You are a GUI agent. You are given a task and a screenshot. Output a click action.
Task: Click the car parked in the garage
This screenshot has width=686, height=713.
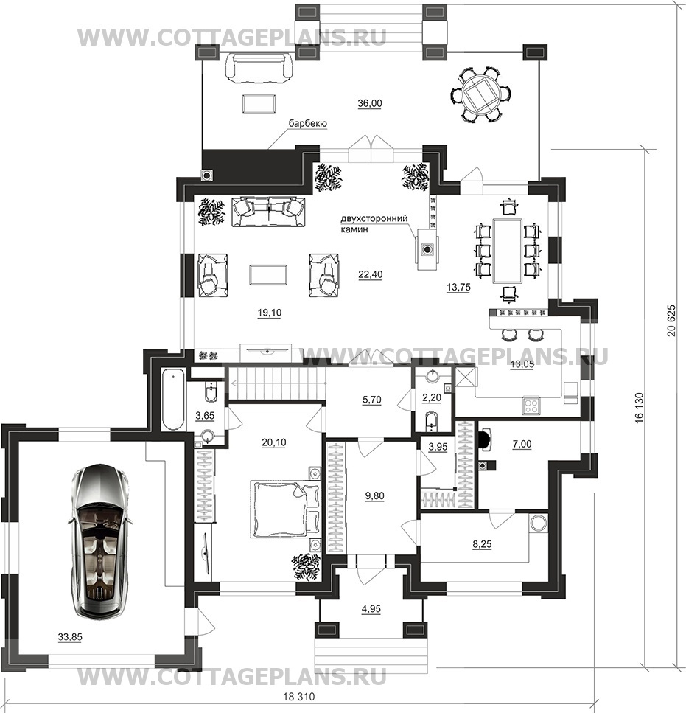tap(100, 541)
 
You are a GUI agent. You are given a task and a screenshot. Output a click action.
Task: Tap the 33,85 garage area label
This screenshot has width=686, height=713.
tap(70, 637)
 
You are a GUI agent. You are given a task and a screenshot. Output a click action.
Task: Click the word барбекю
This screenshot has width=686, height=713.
tap(307, 124)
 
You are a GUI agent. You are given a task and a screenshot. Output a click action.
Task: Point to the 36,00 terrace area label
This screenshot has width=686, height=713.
tap(370, 103)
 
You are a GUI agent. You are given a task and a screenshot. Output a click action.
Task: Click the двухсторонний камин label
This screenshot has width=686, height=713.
tap(374, 223)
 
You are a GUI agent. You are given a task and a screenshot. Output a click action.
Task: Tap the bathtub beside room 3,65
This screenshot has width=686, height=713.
tap(172, 399)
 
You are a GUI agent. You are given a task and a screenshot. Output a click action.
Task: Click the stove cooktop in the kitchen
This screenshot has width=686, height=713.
tap(531, 405)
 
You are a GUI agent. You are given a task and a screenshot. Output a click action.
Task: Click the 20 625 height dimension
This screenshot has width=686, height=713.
tap(671, 320)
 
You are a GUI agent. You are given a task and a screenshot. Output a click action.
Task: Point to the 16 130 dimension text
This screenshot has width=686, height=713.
tap(639, 408)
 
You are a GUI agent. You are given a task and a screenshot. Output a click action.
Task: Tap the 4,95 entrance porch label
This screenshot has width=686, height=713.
tap(371, 609)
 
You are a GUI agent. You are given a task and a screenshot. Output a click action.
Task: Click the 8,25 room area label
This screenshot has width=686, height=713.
tap(482, 544)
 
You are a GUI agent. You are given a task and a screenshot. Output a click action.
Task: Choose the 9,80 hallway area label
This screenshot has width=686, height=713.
tap(375, 495)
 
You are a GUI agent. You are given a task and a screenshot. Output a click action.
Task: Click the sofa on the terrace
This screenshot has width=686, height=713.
tap(259, 67)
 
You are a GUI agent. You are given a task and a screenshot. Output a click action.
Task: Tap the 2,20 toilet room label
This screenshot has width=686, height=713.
tap(432, 398)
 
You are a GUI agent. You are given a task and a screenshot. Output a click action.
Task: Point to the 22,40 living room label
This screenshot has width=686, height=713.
tap(370, 274)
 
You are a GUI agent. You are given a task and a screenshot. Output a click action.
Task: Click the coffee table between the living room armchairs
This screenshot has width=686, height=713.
tap(268, 275)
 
